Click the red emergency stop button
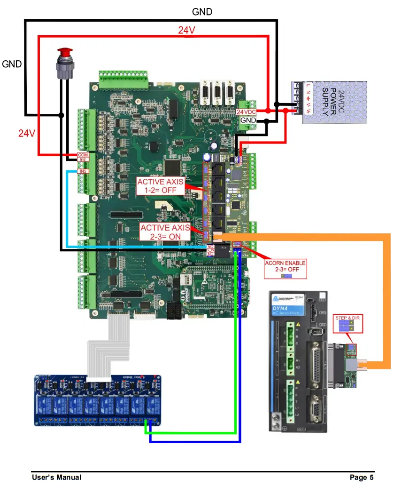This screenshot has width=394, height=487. pyautogui.click(x=64, y=52)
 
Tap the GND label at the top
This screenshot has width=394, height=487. pyautogui.click(x=202, y=12)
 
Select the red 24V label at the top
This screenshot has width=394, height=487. pyautogui.click(x=186, y=30)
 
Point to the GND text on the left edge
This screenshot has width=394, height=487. pyautogui.click(x=12, y=64)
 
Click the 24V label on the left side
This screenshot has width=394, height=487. pyautogui.click(x=27, y=133)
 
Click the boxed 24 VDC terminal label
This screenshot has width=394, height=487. pyautogui.click(x=246, y=112)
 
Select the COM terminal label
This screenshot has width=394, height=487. pyautogui.click(x=83, y=155)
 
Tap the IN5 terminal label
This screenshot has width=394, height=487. pyautogui.click(x=83, y=171)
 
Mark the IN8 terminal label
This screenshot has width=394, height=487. pyautogui.click(x=83, y=160)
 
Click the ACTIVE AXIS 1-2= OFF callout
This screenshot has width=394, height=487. pyautogui.click(x=161, y=186)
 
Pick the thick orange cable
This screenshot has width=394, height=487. pyautogui.click(x=386, y=301)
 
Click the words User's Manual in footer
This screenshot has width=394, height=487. pyautogui.click(x=56, y=478)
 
